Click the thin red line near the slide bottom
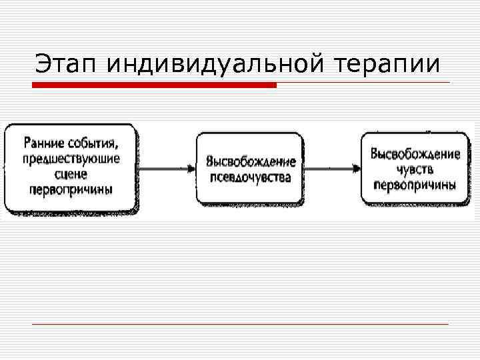point(240,324)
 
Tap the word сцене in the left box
point(71,174)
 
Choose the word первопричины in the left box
point(71,189)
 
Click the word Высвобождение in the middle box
point(251,162)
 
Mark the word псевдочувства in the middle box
point(251,177)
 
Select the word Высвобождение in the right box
point(415,154)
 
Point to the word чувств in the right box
point(415,169)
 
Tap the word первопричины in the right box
point(415,185)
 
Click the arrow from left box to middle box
point(167,169)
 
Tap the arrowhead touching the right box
point(356,169)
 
